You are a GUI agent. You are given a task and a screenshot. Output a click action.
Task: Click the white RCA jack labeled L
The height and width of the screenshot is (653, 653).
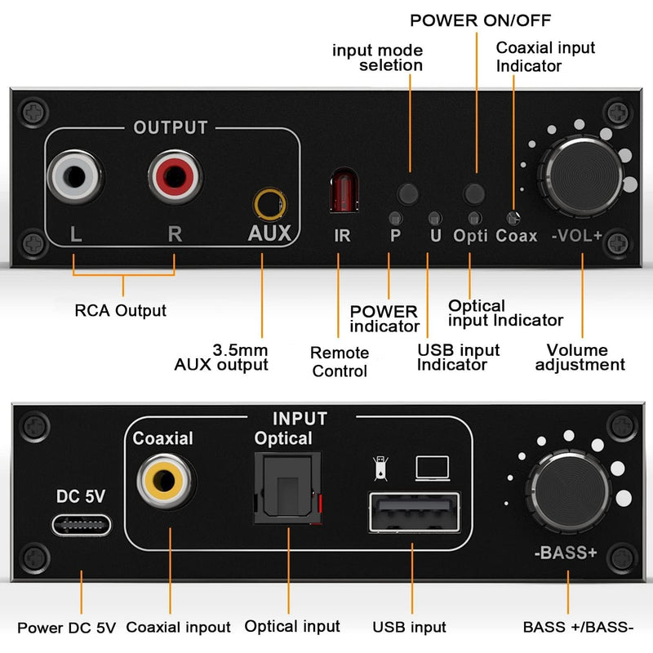point(75,175)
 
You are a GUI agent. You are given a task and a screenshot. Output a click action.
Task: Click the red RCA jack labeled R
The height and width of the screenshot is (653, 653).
point(174,175)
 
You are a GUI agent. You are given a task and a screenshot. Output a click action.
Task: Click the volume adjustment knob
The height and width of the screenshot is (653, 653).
point(583,174)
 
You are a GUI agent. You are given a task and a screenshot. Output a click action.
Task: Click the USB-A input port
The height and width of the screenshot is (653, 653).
point(413,511)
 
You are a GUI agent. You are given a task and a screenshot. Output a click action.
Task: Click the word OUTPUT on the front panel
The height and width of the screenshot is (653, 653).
point(171,127)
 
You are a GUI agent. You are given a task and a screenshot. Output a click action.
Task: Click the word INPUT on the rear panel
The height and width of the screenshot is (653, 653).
point(299,419)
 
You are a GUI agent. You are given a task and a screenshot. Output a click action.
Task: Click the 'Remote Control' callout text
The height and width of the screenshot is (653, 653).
point(339,362)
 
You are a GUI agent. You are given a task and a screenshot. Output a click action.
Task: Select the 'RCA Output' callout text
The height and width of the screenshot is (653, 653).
point(120,310)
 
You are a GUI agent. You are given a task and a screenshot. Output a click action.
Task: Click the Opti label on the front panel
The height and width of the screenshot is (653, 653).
point(470,236)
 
